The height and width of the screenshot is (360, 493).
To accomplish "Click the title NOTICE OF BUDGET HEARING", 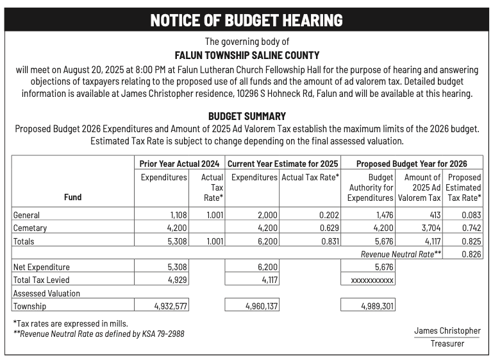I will (246, 20).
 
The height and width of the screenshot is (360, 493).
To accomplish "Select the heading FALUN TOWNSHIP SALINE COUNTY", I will (247, 56).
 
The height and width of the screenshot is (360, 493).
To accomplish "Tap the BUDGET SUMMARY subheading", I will (247, 116).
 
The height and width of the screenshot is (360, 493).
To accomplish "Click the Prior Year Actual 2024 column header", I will (180, 164).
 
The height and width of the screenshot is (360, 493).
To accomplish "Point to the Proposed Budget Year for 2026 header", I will (412, 164).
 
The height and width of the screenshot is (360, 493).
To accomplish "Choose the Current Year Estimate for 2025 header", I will (283, 164).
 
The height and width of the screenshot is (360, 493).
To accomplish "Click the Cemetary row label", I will (30, 228).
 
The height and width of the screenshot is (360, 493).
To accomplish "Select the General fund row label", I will (27, 215).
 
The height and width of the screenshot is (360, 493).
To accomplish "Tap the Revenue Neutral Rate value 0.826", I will (471, 254).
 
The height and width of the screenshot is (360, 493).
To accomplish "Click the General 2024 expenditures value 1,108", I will (177, 215).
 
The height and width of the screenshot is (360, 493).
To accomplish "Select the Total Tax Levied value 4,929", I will (177, 280).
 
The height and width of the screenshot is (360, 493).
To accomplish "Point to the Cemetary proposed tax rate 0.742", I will (471, 228).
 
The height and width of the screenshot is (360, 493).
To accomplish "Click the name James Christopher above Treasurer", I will (447, 330).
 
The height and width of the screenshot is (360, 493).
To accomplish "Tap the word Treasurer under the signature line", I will (447, 343).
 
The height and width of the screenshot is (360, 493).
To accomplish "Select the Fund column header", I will (72, 197).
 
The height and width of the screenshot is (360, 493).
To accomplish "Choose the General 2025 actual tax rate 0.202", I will (329, 215).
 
